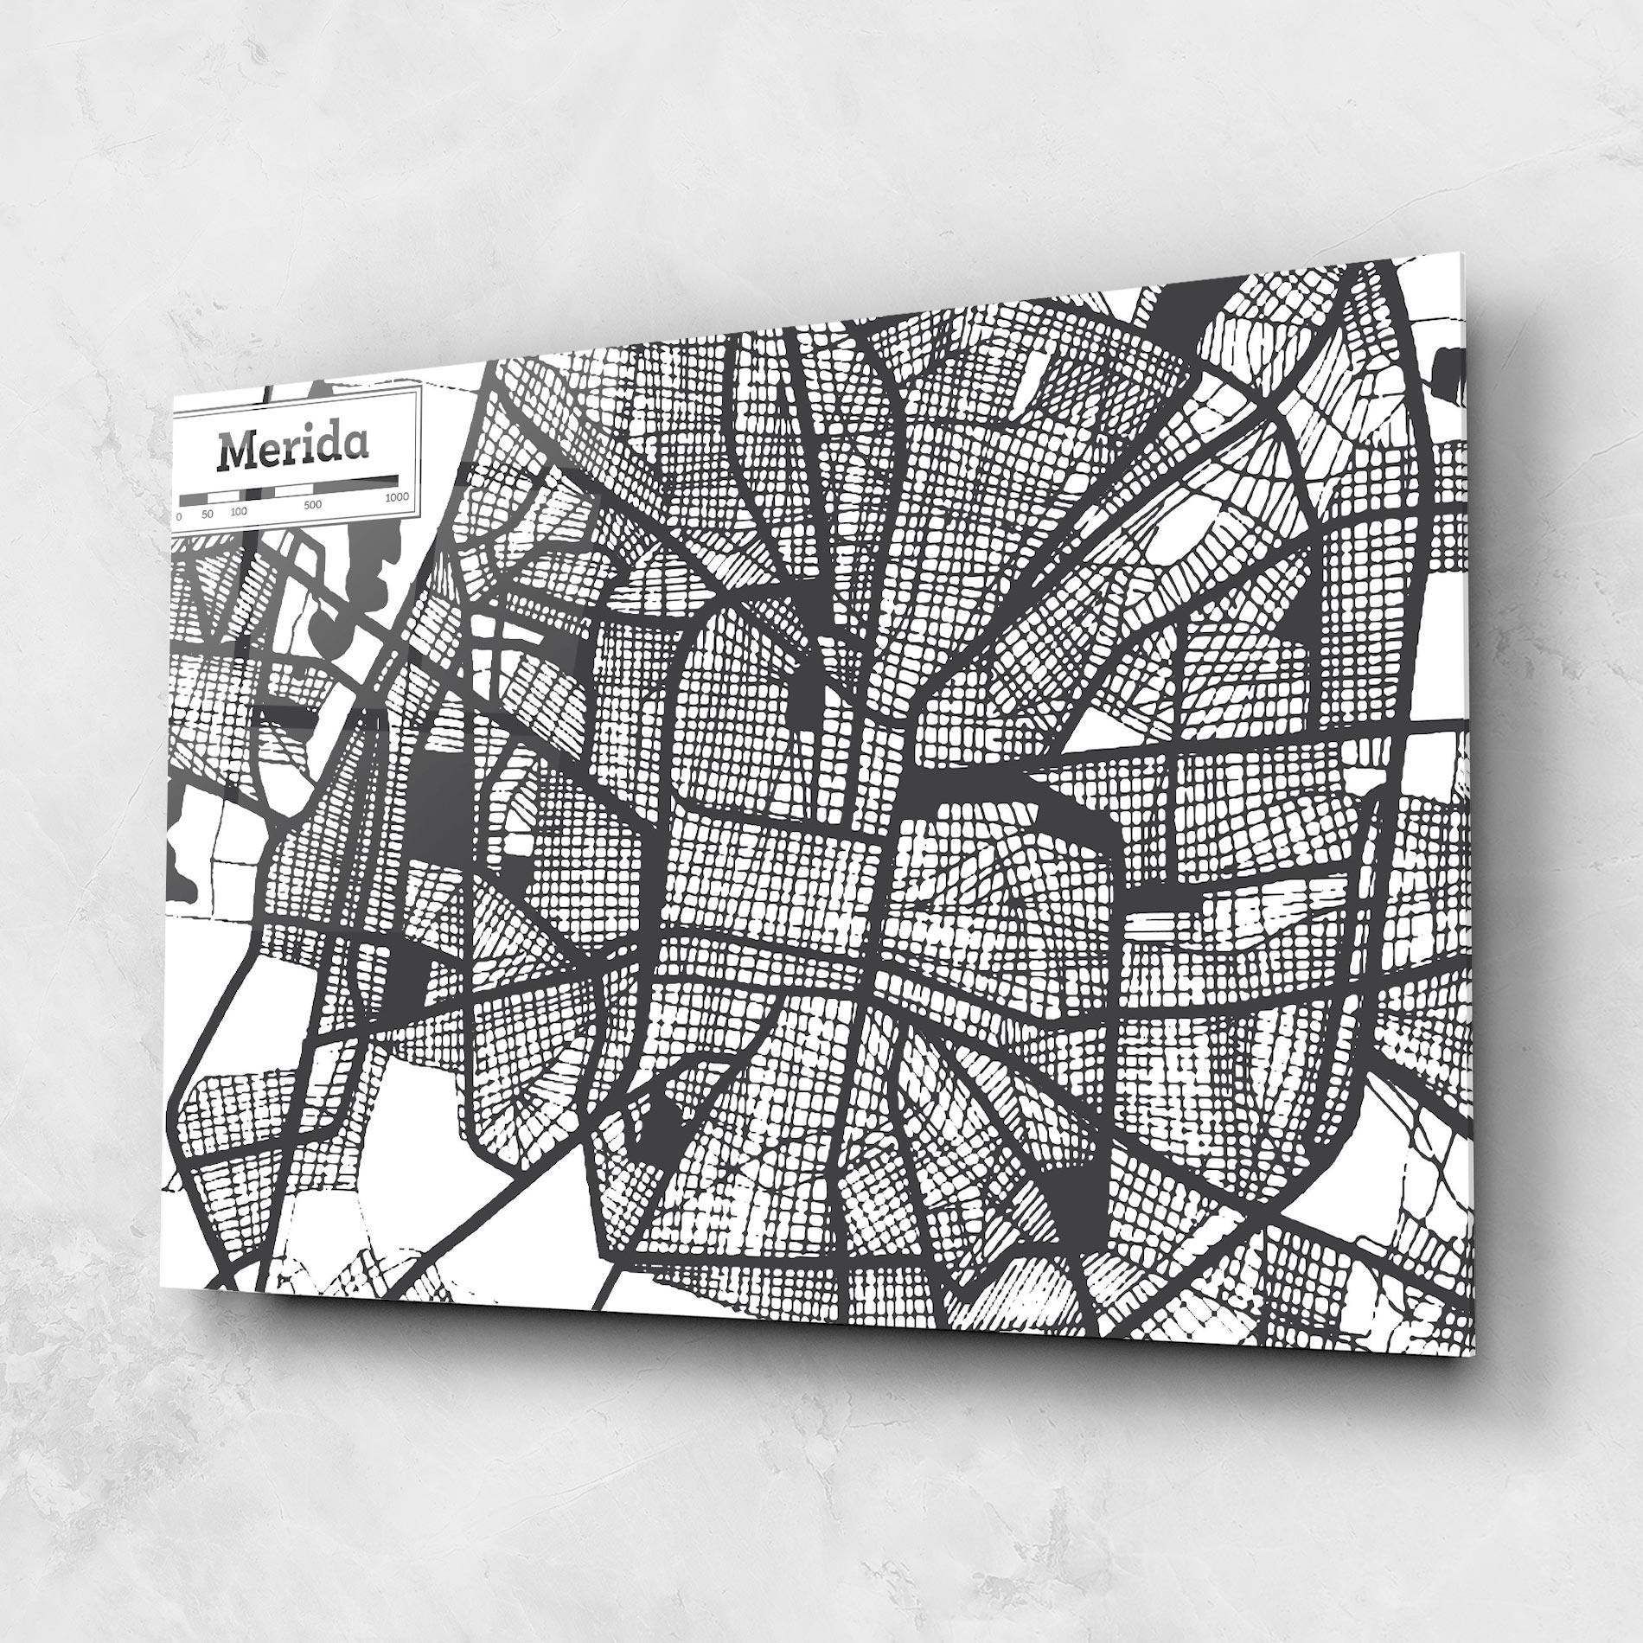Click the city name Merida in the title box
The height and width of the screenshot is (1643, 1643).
pos(293,449)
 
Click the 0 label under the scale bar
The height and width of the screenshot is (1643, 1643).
pos(179,515)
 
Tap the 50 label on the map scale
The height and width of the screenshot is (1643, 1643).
pos(208,514)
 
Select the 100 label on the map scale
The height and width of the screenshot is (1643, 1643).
pos(239,512)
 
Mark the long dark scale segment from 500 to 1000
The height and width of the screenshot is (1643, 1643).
pos(355,484)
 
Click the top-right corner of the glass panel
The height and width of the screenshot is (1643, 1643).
pos(1462,253)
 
